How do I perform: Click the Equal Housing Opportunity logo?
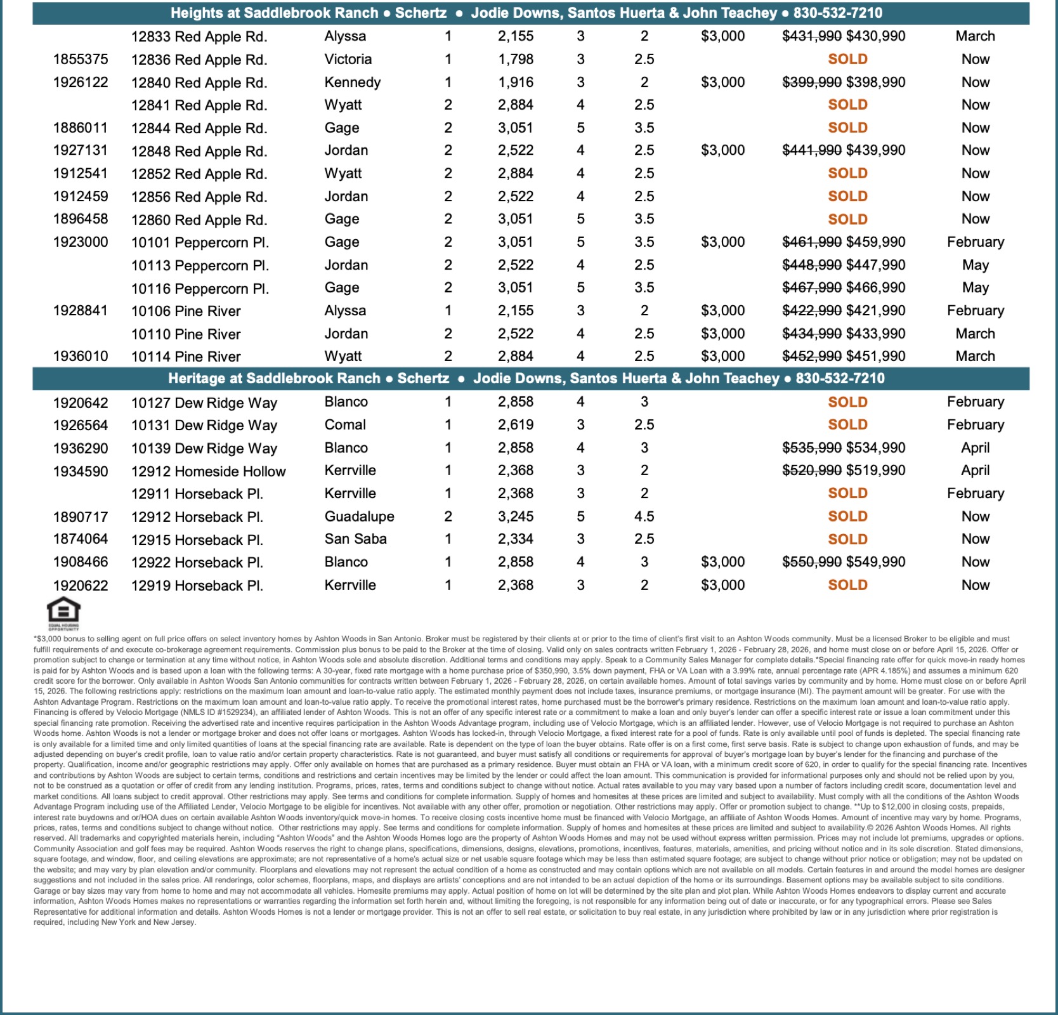point(63,612)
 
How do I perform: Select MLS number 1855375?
point(81,60)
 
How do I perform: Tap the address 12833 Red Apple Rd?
point(199,37)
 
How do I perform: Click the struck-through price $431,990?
point(812,36)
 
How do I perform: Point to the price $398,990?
point(876,82)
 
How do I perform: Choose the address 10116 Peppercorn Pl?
point(200,289)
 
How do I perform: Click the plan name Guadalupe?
point(359,516)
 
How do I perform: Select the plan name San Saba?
point(355,539)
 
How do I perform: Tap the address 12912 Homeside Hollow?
point(208,471)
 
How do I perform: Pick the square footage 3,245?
point(516,516)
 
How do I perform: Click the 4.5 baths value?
point(644,516)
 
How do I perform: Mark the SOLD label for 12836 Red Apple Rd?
point(847,60)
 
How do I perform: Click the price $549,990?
point(876,562)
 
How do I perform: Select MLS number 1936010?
point(81,357)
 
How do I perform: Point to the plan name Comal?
point(345,425)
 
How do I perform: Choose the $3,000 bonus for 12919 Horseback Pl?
point(722,585)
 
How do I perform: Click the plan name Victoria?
point(348,60)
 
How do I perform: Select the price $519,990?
point(876,471)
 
